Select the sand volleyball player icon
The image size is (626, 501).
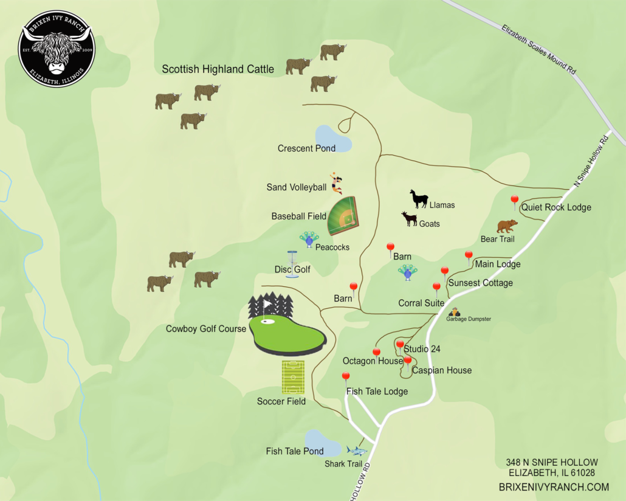[335, 182]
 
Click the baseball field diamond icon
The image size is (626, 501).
[343, 215]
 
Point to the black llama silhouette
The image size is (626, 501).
[419, 199]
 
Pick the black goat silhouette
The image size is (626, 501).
[409, 219]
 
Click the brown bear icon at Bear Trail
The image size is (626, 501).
[507, 226]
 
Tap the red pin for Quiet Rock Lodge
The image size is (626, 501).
[514, 200]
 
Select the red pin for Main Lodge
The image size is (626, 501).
[469, 255]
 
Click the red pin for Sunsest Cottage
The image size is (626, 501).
[444, 271]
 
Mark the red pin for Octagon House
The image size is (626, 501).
[376, 353]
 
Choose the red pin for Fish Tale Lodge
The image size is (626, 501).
[346, 377]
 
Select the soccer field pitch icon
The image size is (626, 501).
[294, 377]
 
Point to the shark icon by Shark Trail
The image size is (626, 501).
[357, 451]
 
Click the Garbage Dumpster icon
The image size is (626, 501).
[454, 311]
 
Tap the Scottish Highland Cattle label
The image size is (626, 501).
[218, 69]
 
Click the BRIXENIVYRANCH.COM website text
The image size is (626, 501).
[553, 486]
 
